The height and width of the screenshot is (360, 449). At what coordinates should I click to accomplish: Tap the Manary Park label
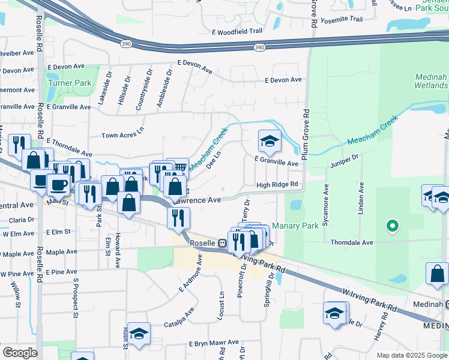click(x=295, y=227)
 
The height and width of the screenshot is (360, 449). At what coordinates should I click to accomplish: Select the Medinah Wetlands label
click(x=431, y=81)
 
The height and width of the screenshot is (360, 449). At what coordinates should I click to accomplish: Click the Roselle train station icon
click(x=222, y=243)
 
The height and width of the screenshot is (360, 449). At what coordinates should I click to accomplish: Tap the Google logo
click(x=19, y=353)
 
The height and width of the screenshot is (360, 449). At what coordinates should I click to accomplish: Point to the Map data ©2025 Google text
click(x=411, y=355)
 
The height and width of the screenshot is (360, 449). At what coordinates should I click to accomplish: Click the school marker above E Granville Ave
click(x=270, y=141)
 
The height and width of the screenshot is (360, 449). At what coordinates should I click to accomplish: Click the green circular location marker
click(x=393, y=226)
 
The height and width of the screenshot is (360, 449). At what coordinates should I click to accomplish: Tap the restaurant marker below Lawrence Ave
click(x=178, y=218)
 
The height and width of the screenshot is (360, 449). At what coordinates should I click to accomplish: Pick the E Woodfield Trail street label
click(x=237, y=31)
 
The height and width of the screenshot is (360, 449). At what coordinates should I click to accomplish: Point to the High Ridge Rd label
click(x=277, y=185)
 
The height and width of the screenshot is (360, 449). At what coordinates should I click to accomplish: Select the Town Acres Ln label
click(x=122, y=136)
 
